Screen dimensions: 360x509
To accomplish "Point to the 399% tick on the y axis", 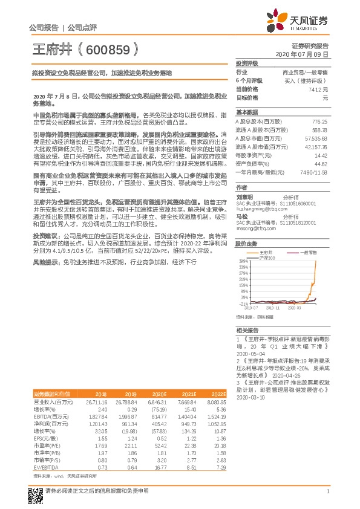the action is (243, 261).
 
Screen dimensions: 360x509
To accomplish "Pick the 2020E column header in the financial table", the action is (161, 393).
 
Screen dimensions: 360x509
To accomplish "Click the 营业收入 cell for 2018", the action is (97, 402).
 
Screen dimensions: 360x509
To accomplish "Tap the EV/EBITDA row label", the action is (46, 467).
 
